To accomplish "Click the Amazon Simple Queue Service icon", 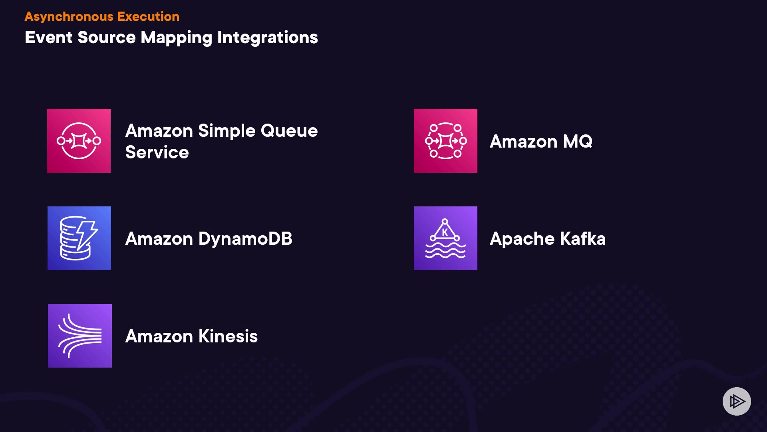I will [x=79, y=141].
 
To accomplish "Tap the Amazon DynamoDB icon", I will [x=79, y=238].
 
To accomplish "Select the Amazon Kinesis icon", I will [x=80, y=336].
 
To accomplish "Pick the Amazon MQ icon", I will [x=445, y=141].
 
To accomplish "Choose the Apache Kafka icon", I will [x=445, y=238].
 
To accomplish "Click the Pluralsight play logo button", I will [x=737, y=401].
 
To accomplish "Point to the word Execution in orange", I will [x=148, y=16].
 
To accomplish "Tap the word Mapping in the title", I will [x=177, y=38].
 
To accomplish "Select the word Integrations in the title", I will [x=267, y=38].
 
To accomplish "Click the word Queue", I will [x=289, y=131].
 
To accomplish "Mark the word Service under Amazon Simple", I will [x=157, y=152].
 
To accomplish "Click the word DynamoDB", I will [x=245, y=239].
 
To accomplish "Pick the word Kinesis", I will [x=228, y=336].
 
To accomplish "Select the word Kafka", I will [x=583, y=239].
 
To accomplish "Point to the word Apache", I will [x=523, y=239].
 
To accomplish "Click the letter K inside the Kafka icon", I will [x=445, y=232].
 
